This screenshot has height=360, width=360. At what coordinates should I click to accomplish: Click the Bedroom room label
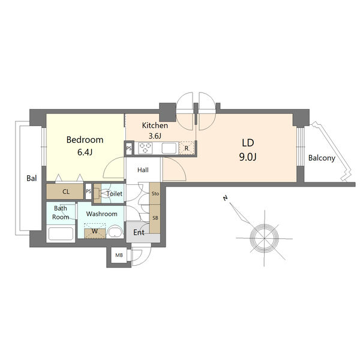point(85,140)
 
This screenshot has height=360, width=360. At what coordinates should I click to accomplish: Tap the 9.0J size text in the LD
point(248,157)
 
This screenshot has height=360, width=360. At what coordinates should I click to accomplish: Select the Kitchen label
point(155,125)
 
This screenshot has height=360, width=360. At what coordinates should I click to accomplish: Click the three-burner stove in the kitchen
point(145,148)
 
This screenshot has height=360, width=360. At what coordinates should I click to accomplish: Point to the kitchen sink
point(170,148)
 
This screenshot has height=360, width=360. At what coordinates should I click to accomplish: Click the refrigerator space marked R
point(187,148)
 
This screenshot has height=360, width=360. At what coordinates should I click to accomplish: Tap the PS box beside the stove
point(129,149)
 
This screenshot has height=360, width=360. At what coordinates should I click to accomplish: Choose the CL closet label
point(66,192)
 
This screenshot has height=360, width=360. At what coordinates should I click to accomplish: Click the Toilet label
point(115,194)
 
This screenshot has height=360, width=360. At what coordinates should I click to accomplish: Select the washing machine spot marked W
point(95,231)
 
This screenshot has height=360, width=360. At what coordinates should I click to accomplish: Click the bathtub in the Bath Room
point(61,234)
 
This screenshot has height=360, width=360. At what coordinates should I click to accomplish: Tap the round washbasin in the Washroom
point(115,232)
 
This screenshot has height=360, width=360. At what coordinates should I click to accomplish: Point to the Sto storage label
point(155,194)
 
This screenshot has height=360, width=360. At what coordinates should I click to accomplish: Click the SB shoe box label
point(155,218)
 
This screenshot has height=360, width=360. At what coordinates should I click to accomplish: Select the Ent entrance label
point(139,232)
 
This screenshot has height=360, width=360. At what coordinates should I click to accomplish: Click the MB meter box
point(119,255)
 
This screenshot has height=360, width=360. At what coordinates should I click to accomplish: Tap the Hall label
point(143,170)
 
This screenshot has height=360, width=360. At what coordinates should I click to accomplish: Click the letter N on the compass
point(225,198)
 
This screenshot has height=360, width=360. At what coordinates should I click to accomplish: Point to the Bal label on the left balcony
point(31,178)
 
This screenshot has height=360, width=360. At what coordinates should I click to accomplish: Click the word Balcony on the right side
point(322,158)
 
